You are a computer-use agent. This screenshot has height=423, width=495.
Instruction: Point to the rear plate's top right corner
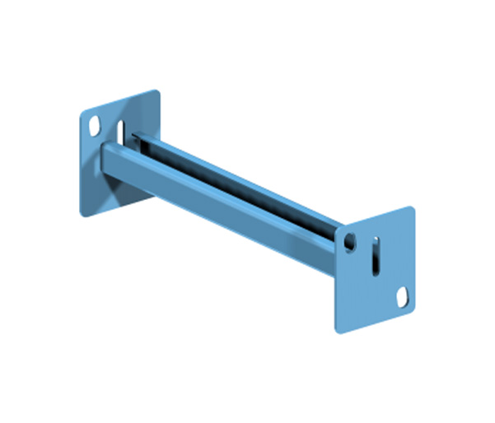coord(156,91)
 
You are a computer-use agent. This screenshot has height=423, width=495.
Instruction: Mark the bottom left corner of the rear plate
coord(82,216)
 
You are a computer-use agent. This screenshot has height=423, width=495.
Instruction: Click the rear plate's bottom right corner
coord(156,191)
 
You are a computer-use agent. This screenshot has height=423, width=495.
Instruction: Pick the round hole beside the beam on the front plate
coord(351,242)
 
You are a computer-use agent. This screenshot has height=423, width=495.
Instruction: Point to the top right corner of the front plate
coord(412,207)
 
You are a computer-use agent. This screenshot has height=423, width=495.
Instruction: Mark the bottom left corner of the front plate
coord(337,331)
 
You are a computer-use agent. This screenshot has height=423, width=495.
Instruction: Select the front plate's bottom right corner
coord(413,308)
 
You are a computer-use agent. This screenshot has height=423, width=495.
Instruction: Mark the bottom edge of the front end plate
coord(375,321)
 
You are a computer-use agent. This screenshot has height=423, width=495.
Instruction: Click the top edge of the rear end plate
coord(119,101)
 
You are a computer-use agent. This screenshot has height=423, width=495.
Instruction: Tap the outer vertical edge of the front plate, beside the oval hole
coord(413,284)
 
